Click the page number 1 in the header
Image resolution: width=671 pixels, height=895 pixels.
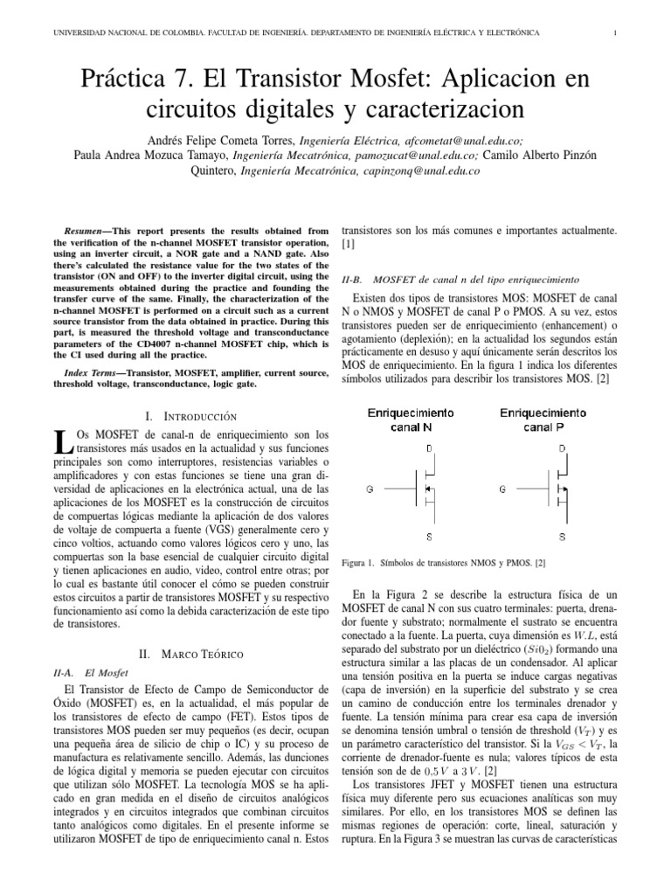click(617, 33)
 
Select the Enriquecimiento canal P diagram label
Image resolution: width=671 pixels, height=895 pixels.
click(543, 420)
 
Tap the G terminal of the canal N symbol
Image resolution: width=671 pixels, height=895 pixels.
click(370, 490)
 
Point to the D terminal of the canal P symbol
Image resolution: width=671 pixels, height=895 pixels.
click(561, 448)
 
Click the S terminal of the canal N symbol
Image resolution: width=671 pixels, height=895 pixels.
click(428, 535)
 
